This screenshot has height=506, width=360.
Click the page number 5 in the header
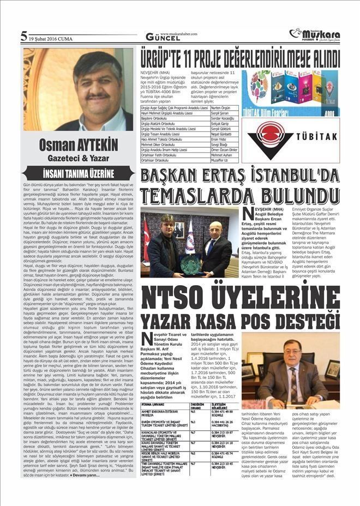point(24,37)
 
